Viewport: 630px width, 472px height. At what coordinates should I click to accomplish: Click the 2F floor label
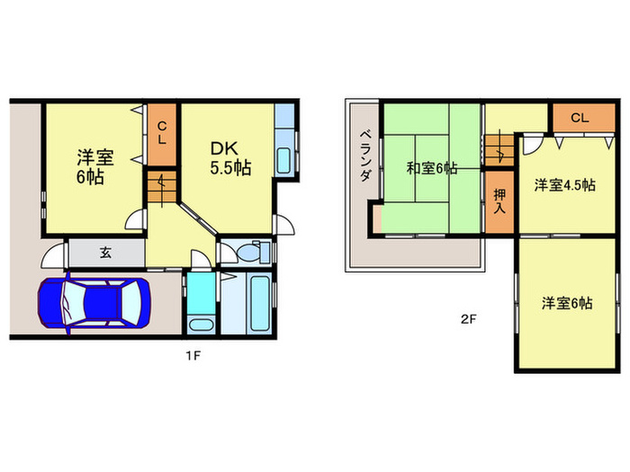coord(468,318)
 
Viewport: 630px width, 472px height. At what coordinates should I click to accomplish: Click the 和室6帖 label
coord(431,168)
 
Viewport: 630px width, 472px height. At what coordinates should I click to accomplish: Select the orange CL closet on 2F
coord(578,118)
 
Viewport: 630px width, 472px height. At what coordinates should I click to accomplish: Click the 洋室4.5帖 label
coord(564,185)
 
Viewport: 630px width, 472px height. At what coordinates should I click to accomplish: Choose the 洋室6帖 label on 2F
coord(567,304)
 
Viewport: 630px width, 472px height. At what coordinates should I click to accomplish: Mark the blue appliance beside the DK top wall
coord(283,118)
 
